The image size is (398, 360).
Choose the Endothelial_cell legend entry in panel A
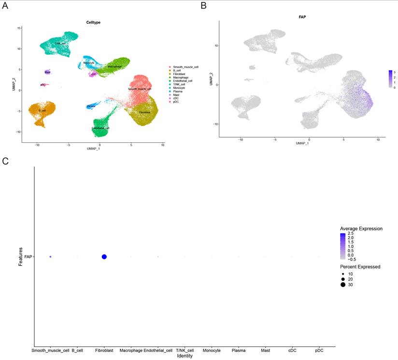[x=183, y=81]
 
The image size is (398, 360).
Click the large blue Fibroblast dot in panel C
[x=104, y=257]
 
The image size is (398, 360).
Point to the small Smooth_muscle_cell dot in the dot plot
[x=50, y=257]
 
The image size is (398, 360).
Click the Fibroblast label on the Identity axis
[x=104, y=350]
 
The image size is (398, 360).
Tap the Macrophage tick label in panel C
[x=131, y=350]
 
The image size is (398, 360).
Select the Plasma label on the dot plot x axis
[x=239, y=350]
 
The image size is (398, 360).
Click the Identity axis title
[x=185, y=356]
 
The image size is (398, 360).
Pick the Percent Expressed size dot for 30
[x=342, y=285]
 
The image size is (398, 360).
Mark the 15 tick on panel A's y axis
[x=18, y=28]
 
